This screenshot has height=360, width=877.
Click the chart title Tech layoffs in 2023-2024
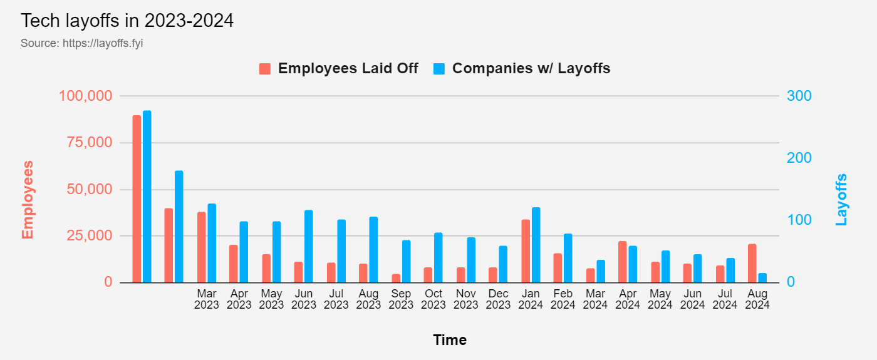point(127,21)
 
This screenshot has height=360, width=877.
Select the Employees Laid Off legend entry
point(339,68)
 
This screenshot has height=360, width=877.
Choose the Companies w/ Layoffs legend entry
point(522,68)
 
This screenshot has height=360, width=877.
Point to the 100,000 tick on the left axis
point(85,96)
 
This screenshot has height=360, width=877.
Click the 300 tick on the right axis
point(799,96)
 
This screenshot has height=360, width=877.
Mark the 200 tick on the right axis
point(799,158)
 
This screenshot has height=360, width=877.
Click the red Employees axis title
point(28,200)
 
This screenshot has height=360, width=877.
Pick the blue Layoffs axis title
point(841,200)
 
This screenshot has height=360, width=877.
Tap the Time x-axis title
point(449,340)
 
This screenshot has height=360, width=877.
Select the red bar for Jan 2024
point(526,251)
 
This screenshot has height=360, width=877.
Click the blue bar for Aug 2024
point(762,278)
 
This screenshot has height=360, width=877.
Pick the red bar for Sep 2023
point(396,278)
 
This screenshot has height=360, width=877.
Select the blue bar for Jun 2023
point(309,247)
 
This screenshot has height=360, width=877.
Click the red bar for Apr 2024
point(623,262)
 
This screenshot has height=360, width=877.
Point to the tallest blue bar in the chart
point(147,197)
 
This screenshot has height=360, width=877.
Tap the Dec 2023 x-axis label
point(498,299)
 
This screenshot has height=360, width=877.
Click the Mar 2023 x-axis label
point(207,299)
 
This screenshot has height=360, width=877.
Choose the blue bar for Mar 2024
point(601,271)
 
